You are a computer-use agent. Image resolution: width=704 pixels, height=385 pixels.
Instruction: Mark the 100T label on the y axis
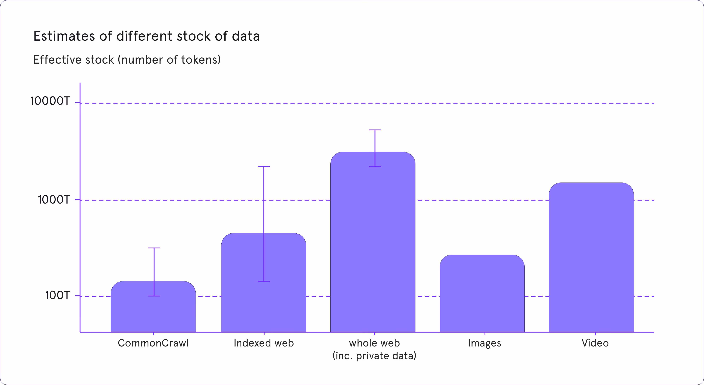pyautogui.click(x=58, y=295)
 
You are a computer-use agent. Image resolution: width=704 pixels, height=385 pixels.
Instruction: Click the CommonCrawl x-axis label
pyautogui.click(x=153, y=343)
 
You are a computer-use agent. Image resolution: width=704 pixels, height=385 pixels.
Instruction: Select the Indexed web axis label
pyautogui.click(x=264, y=343)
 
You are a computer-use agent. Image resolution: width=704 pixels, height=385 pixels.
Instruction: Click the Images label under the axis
pyautogui.click(x=485, y=343)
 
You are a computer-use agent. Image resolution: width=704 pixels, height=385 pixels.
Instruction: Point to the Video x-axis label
pyautogui.click(x=595, y=343)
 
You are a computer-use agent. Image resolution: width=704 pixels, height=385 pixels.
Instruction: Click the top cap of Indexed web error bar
pyautogui.click(x=264, y=167)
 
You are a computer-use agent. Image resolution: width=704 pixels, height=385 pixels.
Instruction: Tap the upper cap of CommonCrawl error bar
pyautogui.click(x=154, y=248)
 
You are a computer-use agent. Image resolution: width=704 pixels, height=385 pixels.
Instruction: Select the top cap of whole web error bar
pyautogui.click(x=375, y=130)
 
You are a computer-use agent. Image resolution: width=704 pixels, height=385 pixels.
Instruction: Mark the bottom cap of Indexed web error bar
pyautogui.click(x=264, y=281)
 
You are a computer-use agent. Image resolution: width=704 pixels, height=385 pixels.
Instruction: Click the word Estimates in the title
pyautogui.click(x=65, y=36)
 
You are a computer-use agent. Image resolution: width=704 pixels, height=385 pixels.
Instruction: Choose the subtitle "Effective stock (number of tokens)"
pyautogui.click(x=127, y=60)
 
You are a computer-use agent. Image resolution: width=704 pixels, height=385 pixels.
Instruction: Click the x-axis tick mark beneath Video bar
pyautogui.click(x=595, y=334)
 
